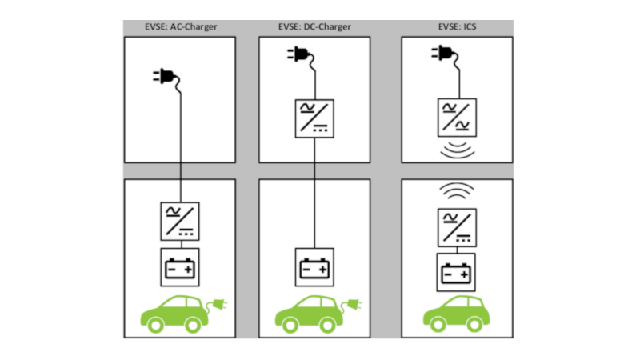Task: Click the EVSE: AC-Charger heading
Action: tap(180, 26)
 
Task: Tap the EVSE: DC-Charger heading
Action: tap(314, 26)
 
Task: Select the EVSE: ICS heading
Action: tap(457, 26)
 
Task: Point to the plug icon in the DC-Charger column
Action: tap(300, 54)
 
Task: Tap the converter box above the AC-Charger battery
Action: tap(180, 222)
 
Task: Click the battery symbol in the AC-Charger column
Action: tap(180, 267)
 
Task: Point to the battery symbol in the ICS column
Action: tap(457, 273)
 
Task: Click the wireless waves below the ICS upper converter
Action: tap(457, 149)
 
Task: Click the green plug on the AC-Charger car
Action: tap(218, 305)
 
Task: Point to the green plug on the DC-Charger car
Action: tap(353, 305)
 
